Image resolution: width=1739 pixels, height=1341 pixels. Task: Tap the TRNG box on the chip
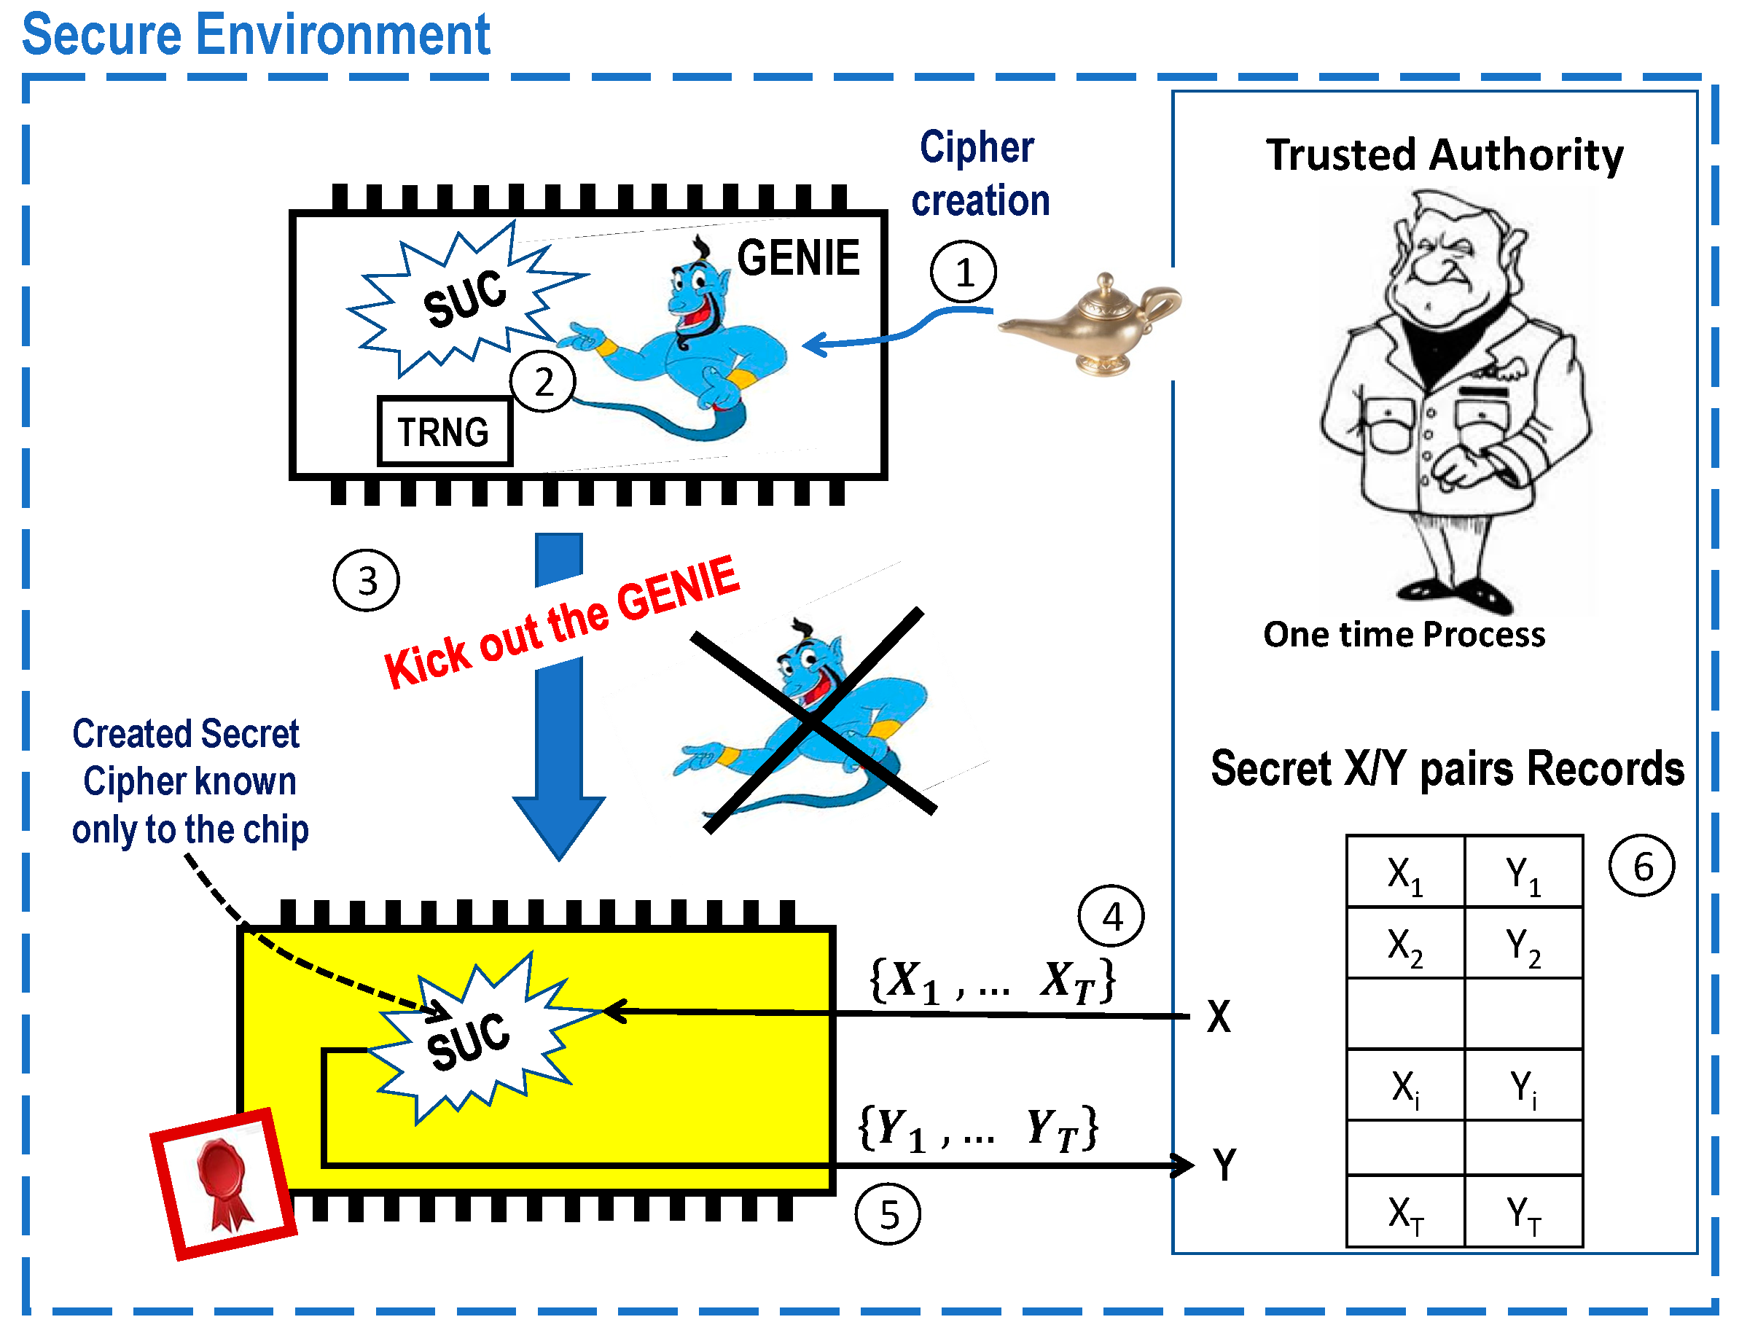(445, 431)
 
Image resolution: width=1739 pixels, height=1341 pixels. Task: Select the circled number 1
(964, 273)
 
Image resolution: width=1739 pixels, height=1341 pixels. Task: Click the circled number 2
(543, 381)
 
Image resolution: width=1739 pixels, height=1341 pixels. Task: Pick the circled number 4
(1111, 917)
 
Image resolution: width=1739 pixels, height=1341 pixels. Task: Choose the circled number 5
(888, 1214)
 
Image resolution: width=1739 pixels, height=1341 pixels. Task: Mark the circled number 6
(1642, 867)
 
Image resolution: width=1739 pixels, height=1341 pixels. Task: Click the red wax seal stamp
(224, 1184)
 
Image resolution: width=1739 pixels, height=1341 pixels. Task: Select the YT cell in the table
(1523, 1213)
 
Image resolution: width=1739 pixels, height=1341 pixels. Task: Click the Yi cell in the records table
(1523, 1087)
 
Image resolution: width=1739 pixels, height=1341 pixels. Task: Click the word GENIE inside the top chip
(798, 258)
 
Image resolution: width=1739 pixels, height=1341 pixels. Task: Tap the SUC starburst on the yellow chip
(470, 1039)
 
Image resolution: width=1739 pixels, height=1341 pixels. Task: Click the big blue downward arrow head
(559, 828)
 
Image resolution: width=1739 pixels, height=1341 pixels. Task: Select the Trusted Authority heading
(1445, 155)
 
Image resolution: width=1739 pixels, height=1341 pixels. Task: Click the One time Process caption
(1404, 635)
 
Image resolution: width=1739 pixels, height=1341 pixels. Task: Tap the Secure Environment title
(256, 36)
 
